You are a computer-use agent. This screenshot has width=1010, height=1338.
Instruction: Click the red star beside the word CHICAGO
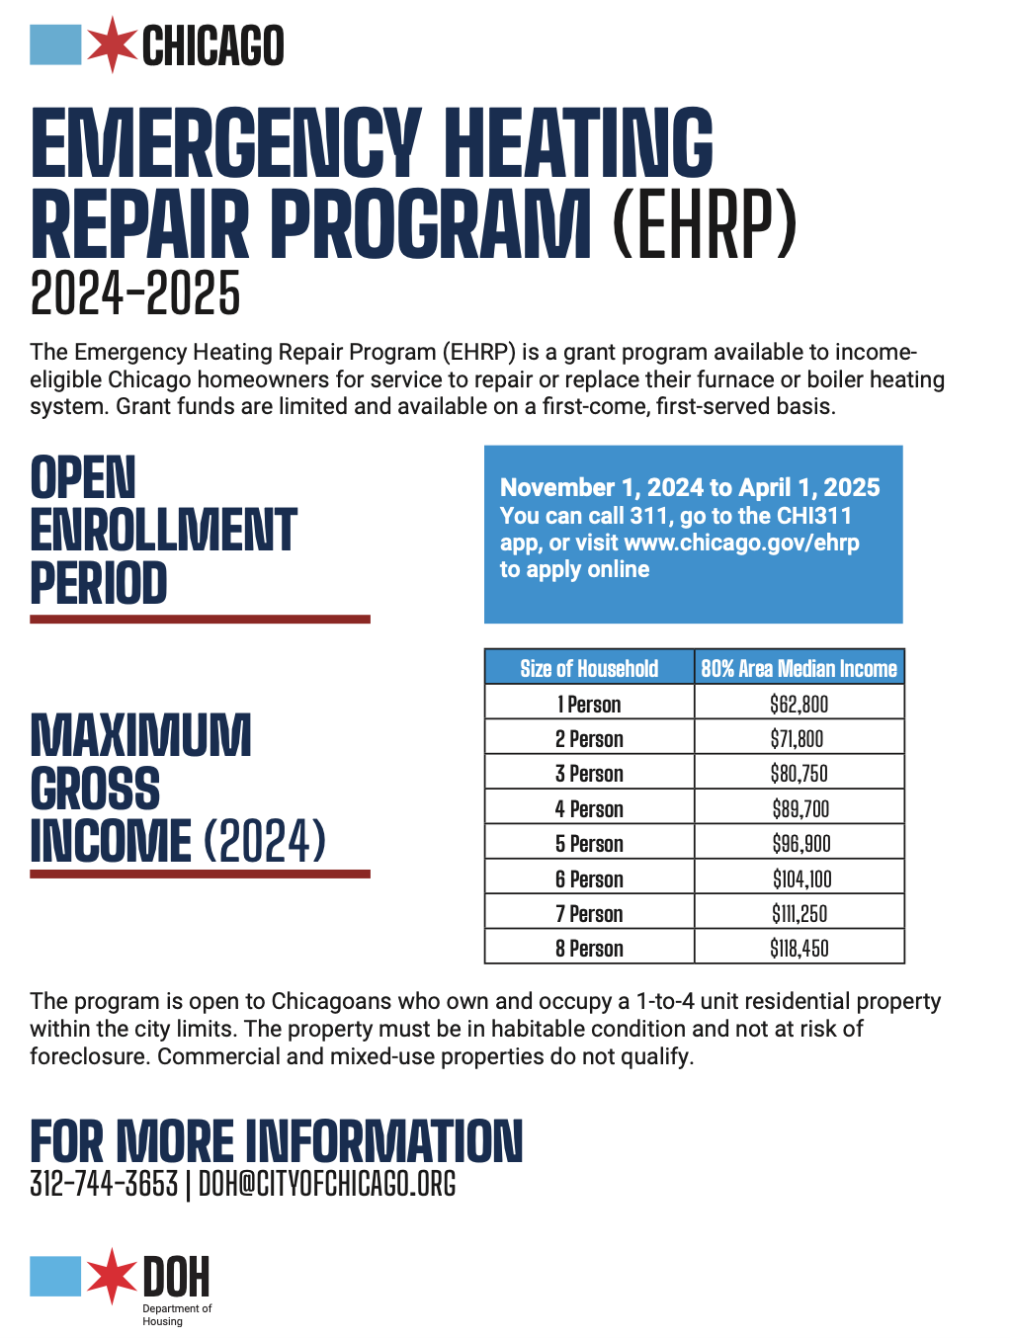pos(112,44)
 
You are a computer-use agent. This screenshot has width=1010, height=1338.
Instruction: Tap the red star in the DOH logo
pos(112,1276)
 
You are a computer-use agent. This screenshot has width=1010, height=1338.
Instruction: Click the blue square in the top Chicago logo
pos(55,44)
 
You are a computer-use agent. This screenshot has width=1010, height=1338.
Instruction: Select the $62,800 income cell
pos(799,704)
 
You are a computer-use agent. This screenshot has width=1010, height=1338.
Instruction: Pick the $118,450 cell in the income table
pos(799,948)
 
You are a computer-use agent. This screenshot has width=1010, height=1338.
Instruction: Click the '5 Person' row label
pos(589,844)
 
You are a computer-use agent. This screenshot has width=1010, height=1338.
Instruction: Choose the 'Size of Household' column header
pos(589,668)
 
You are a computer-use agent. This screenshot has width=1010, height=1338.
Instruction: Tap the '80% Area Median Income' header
pos(799,668)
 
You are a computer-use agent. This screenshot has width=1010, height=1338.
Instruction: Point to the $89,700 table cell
pos(799,809)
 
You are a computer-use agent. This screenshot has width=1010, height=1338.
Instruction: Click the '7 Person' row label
pos(589,914)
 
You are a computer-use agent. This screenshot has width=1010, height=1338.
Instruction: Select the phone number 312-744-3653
pos(104,1184)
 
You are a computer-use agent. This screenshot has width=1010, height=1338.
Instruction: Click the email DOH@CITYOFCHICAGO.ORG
pos(327,1184)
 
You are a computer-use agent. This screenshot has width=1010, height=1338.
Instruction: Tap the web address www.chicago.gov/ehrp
pos(741,543)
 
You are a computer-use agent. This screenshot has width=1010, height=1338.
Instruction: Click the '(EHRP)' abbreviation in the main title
pos(704,224)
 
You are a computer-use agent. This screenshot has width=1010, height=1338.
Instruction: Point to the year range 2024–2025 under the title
pos(134,293)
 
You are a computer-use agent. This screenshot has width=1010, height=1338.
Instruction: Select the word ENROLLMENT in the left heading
pos(163,530)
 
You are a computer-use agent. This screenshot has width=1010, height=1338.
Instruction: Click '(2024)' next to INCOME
pos(264,841)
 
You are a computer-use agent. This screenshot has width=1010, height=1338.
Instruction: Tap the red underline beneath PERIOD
pos(200,620)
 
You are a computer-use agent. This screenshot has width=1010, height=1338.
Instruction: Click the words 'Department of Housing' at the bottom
pos(177,1315)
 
